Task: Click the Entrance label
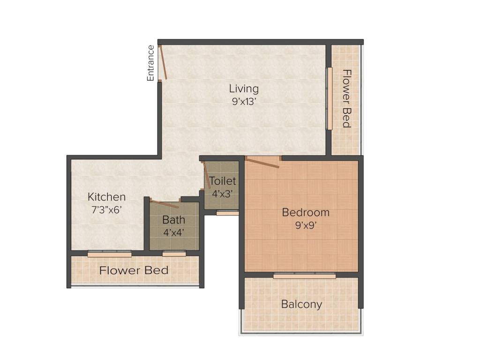pyautogui.click(x=150, y=63)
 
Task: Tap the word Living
pyautogui.click(x=243, y=88)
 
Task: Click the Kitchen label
pyautogui.click(x=107, y=197)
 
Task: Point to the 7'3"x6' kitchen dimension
pyautogui.click(x=107, y=210)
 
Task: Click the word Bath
pyautogui.click(x=173, y=219)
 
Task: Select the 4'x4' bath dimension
pyautogui.click(x=173, y=232)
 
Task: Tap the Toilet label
pyautogui.click(x=223, y=180)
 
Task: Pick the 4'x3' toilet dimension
pyautogui.click(x=222, y=193)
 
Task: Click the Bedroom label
pyautogui.click(x=306, y=212)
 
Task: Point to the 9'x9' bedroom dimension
pyautogui.click(x=306, y=225)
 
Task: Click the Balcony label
pyautogui.click(x=301, y=304)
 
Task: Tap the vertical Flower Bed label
pyautogui.click(x=346, y=98)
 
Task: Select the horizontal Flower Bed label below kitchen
pyautogui.click(x=134, y=270)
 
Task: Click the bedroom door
pyautogui.click(x=262, y=162)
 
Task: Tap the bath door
pyautogui.click(x=164, y=203)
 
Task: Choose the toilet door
pyautogui.click(x=205, y=175)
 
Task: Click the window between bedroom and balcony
pyautogui.click(x=304, y=276)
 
